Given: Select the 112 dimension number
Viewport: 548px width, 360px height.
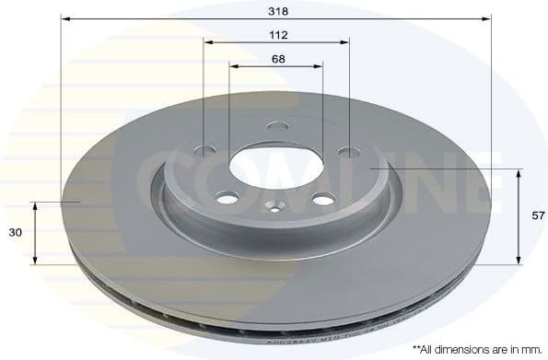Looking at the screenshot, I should coord(279,35).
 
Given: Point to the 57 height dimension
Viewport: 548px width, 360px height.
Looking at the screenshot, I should coord(539,215).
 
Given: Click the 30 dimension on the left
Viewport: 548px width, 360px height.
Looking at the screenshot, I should coord(15,233).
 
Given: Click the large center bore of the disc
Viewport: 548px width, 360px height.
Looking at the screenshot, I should coord(275,164).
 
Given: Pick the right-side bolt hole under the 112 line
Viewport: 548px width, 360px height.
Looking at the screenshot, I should coord(347,151).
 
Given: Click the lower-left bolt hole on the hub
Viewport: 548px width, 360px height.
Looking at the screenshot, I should coord(227,196).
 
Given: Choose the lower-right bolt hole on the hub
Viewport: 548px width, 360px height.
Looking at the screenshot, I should coord(321,198).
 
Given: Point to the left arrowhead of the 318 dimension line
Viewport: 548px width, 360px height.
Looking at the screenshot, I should coord(65,18).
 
